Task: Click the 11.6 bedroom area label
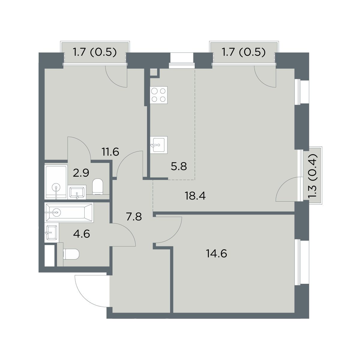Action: (110, 152)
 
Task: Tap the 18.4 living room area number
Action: (195, 196)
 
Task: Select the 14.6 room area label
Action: (217, 254)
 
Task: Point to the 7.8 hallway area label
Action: (134, 217)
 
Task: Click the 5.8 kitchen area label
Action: (179, 166)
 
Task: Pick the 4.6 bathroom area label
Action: (82, 234)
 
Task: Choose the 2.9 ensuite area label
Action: (81, 173)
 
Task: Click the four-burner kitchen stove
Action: (159, 95)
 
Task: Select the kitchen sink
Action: (159, 145)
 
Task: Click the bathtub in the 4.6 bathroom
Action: (69, 213)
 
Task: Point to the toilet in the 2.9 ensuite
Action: (98, 186)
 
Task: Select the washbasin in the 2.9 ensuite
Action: (77, 192)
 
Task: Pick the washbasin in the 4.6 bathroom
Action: (52, 232)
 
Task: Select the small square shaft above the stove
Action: (154, 72)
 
